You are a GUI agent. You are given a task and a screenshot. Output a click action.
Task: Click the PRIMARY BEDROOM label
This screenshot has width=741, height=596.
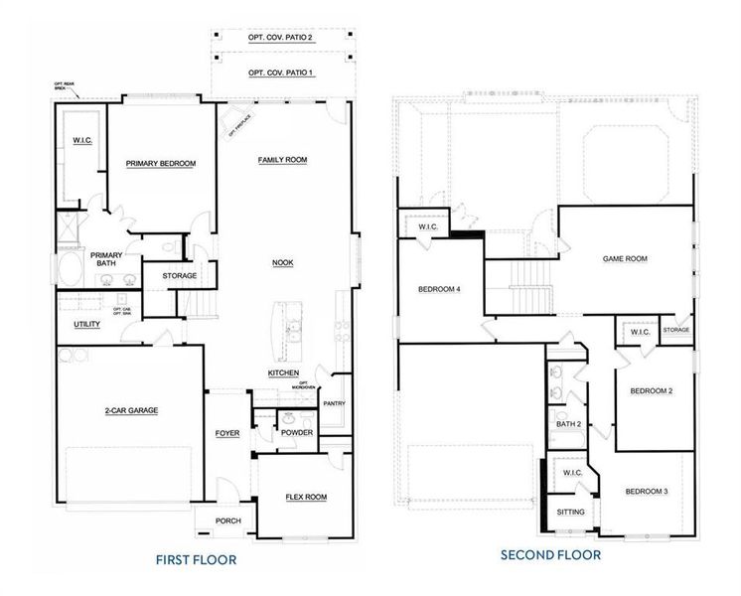160,163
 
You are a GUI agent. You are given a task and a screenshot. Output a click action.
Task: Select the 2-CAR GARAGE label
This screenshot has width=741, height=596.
132,409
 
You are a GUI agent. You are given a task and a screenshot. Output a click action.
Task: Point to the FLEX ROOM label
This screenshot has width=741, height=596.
306,497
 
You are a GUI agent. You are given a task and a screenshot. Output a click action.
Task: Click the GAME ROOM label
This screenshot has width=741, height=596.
625,258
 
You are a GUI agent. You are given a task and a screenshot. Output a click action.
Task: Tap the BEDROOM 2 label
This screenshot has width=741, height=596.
652,391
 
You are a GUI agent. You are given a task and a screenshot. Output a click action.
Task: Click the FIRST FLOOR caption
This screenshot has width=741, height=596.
196,559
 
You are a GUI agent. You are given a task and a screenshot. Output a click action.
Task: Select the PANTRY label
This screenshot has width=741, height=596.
334,402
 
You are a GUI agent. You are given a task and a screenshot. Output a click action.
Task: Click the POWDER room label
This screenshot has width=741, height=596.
297,433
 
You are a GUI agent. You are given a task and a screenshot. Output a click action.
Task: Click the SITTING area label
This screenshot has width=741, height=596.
570,513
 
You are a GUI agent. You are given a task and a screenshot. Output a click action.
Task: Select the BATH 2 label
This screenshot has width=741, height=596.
568,424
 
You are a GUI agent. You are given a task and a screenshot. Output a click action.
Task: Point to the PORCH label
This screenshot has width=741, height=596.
229,521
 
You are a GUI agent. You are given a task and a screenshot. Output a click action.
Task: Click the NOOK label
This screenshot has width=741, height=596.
283,263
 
